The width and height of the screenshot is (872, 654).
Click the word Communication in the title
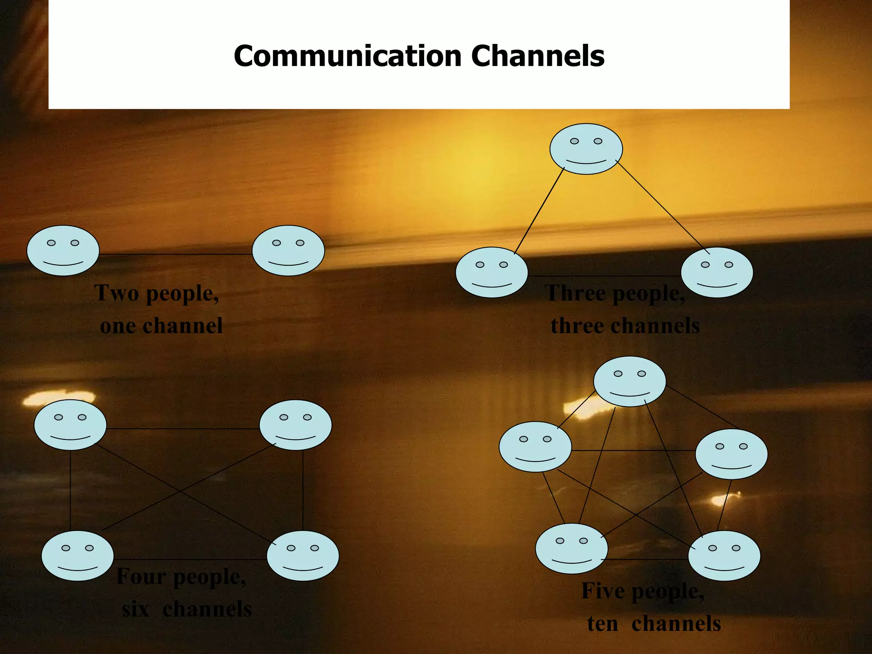347,56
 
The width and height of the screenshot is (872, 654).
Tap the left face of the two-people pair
63,251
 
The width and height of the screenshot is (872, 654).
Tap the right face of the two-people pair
288,251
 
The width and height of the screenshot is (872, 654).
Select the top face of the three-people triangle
586,149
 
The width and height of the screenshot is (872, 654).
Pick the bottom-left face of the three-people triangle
492,272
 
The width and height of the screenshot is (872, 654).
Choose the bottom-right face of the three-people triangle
717,272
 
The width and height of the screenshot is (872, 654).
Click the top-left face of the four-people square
70,425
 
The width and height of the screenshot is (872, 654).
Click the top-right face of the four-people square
295,425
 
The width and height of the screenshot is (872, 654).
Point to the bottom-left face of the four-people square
77,556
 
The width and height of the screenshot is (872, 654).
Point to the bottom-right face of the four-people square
303,556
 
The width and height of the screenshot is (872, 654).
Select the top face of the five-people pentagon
630,381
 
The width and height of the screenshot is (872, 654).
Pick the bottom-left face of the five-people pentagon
571,548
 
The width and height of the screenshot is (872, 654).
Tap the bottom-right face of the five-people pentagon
724,556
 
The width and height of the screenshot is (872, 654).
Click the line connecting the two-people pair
175,255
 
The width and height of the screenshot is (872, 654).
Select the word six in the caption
135,609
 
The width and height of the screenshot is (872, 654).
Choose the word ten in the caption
602,624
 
